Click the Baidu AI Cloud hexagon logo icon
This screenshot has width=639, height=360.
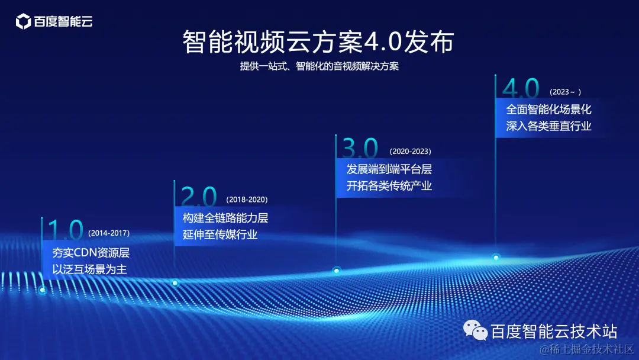tap(23, 22)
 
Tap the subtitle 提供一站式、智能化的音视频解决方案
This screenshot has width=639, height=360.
tap(319, 66)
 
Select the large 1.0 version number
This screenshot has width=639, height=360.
tap(65, 230)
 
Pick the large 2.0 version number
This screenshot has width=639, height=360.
tap(199, 196)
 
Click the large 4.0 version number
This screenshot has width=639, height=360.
tap(521, 89)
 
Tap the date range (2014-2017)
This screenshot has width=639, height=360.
tap(109, 233)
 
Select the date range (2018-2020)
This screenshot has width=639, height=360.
tap(247, 200)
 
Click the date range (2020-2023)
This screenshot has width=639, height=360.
tap(410, 151)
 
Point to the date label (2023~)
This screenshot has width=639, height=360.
tap(566, 92)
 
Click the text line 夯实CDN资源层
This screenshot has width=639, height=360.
tap(91, 253)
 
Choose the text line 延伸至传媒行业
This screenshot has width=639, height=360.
tap(220, 234)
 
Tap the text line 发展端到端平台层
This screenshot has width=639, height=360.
tap(389, 169)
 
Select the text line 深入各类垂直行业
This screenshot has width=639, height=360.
tap(548, 126)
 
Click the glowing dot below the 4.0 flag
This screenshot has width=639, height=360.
tap(496, 258)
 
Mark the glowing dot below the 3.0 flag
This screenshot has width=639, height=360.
tap(337, 271)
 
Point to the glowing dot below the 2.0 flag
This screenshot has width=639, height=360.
tap(175, 283)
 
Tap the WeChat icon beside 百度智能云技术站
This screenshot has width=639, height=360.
tap(475, 330)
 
